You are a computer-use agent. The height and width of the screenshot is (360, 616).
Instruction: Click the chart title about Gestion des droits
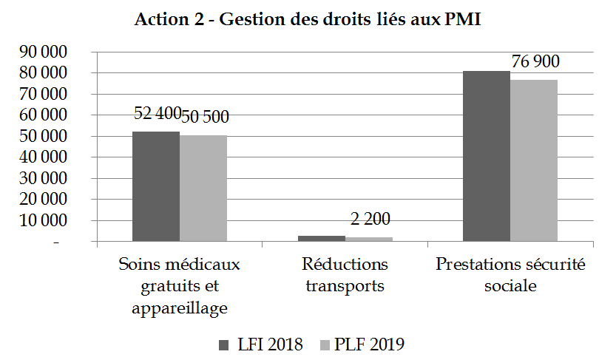click(x=308, y=20)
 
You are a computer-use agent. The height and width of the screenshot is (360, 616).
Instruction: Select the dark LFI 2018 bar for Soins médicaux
click(x=156, y=186)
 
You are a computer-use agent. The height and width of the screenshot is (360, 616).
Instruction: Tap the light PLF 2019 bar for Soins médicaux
click(x=203, y=189)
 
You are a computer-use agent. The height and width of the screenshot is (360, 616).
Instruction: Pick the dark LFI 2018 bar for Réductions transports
click(x=321, y=238)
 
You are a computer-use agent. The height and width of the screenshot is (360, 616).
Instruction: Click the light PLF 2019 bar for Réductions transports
click(x=368, y=239)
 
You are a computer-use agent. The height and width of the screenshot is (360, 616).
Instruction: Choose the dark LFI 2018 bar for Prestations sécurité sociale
click(x=487, y=156)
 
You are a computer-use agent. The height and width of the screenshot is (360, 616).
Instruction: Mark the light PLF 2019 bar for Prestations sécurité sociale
click(x=534, y=160)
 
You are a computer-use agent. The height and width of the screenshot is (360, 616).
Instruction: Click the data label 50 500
click(x=206, y=116)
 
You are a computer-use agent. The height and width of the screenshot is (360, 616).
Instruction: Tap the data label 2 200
click(x=370, y=219)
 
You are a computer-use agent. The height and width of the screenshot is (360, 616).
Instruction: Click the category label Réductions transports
click(x=345, y=275)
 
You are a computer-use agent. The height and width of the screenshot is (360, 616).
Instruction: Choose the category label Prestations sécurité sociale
click(x=510, y=275)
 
